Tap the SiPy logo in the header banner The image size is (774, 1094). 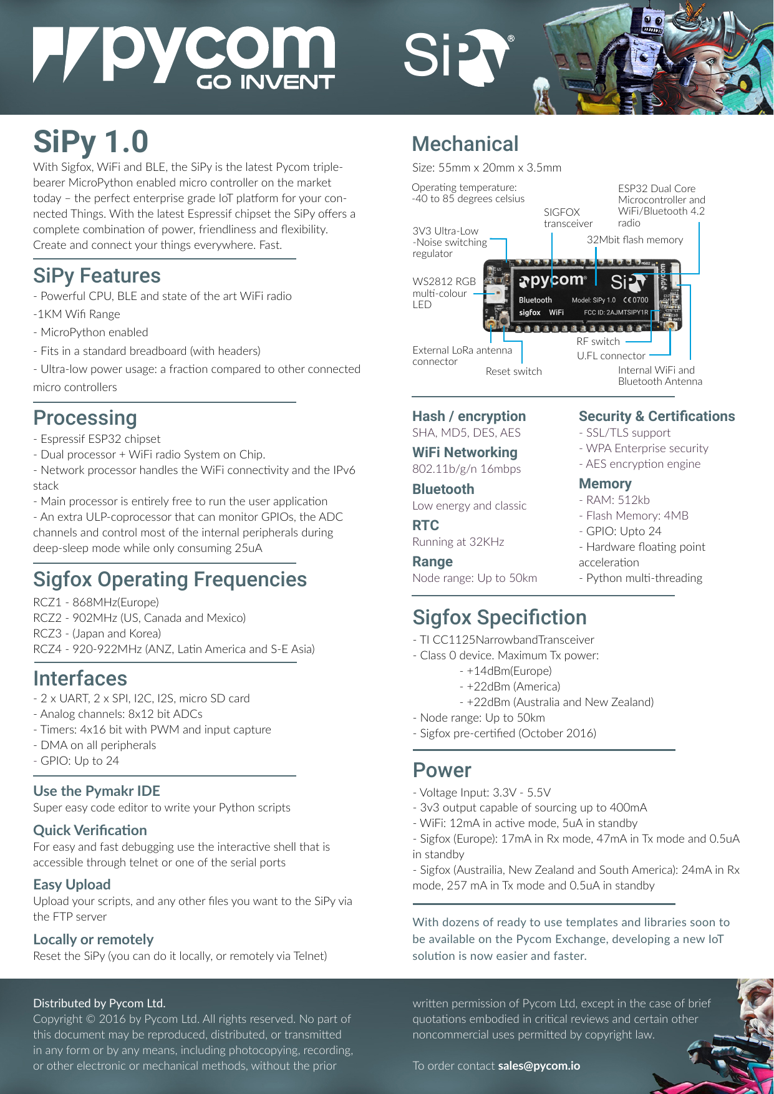pos(457,57)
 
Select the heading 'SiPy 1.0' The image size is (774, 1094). pos(90,142)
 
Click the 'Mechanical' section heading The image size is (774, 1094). pos(465,144)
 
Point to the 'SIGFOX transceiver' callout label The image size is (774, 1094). pos(568,218)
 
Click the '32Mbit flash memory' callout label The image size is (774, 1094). pos(634,240)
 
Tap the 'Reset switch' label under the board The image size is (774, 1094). pos(513,372)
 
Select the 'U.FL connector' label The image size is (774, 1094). pos(611,356)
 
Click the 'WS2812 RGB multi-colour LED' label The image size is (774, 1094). pos(443,293)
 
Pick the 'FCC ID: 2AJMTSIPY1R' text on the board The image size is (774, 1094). pos(616,312)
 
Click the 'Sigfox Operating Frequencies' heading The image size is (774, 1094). pos(170,579)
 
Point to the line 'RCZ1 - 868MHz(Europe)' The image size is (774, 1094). pos(96,603)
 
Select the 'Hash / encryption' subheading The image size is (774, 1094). pos(469,417)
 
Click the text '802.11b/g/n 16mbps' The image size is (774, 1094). pos(467,469)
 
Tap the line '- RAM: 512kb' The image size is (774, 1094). pos(614,500)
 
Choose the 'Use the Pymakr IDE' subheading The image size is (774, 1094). pos(97,791)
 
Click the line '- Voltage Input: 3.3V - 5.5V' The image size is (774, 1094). pos(481,793)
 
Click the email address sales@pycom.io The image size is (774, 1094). pos(539,1066)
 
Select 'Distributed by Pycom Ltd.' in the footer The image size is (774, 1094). pos(99,1004)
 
